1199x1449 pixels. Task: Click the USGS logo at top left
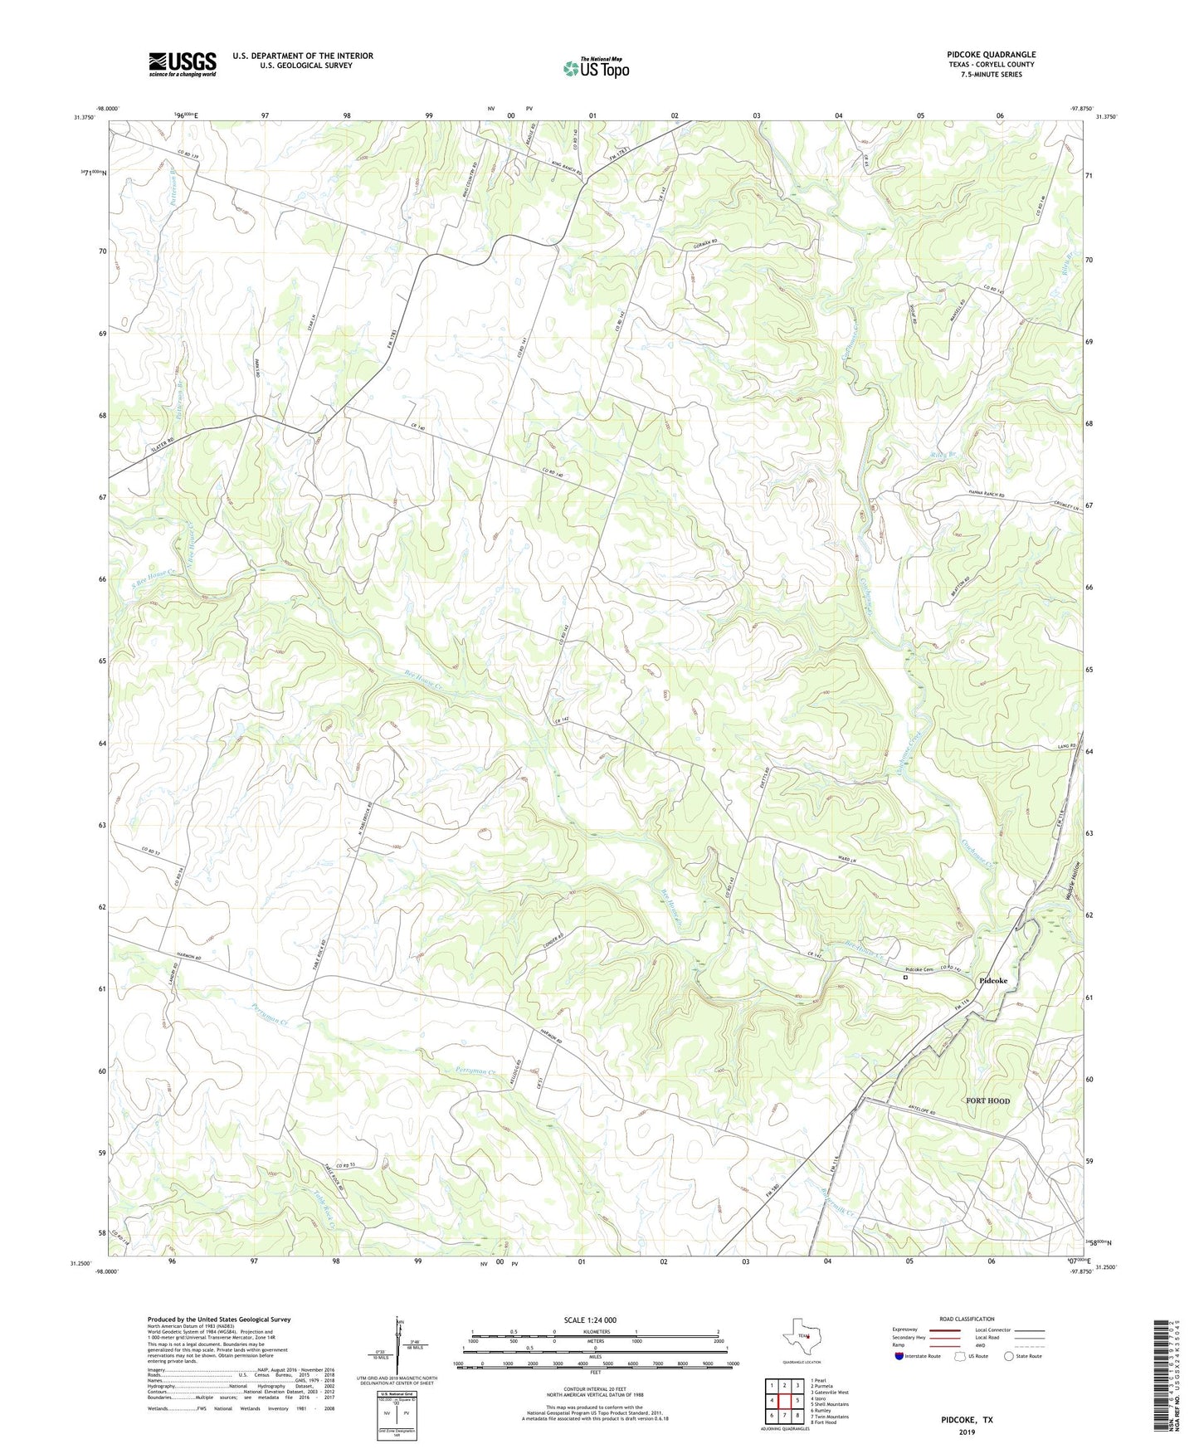click(183, 64)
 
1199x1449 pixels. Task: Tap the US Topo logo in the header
click(596, 68)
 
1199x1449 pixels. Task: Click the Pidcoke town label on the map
click(992, 980)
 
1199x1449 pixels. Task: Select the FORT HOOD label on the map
click(987, 1100)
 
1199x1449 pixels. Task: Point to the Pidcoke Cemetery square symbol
click(905, 978)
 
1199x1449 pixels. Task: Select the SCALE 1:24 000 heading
click(590, 1320)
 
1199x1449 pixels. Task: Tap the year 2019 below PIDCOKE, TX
click(966, 1432)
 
